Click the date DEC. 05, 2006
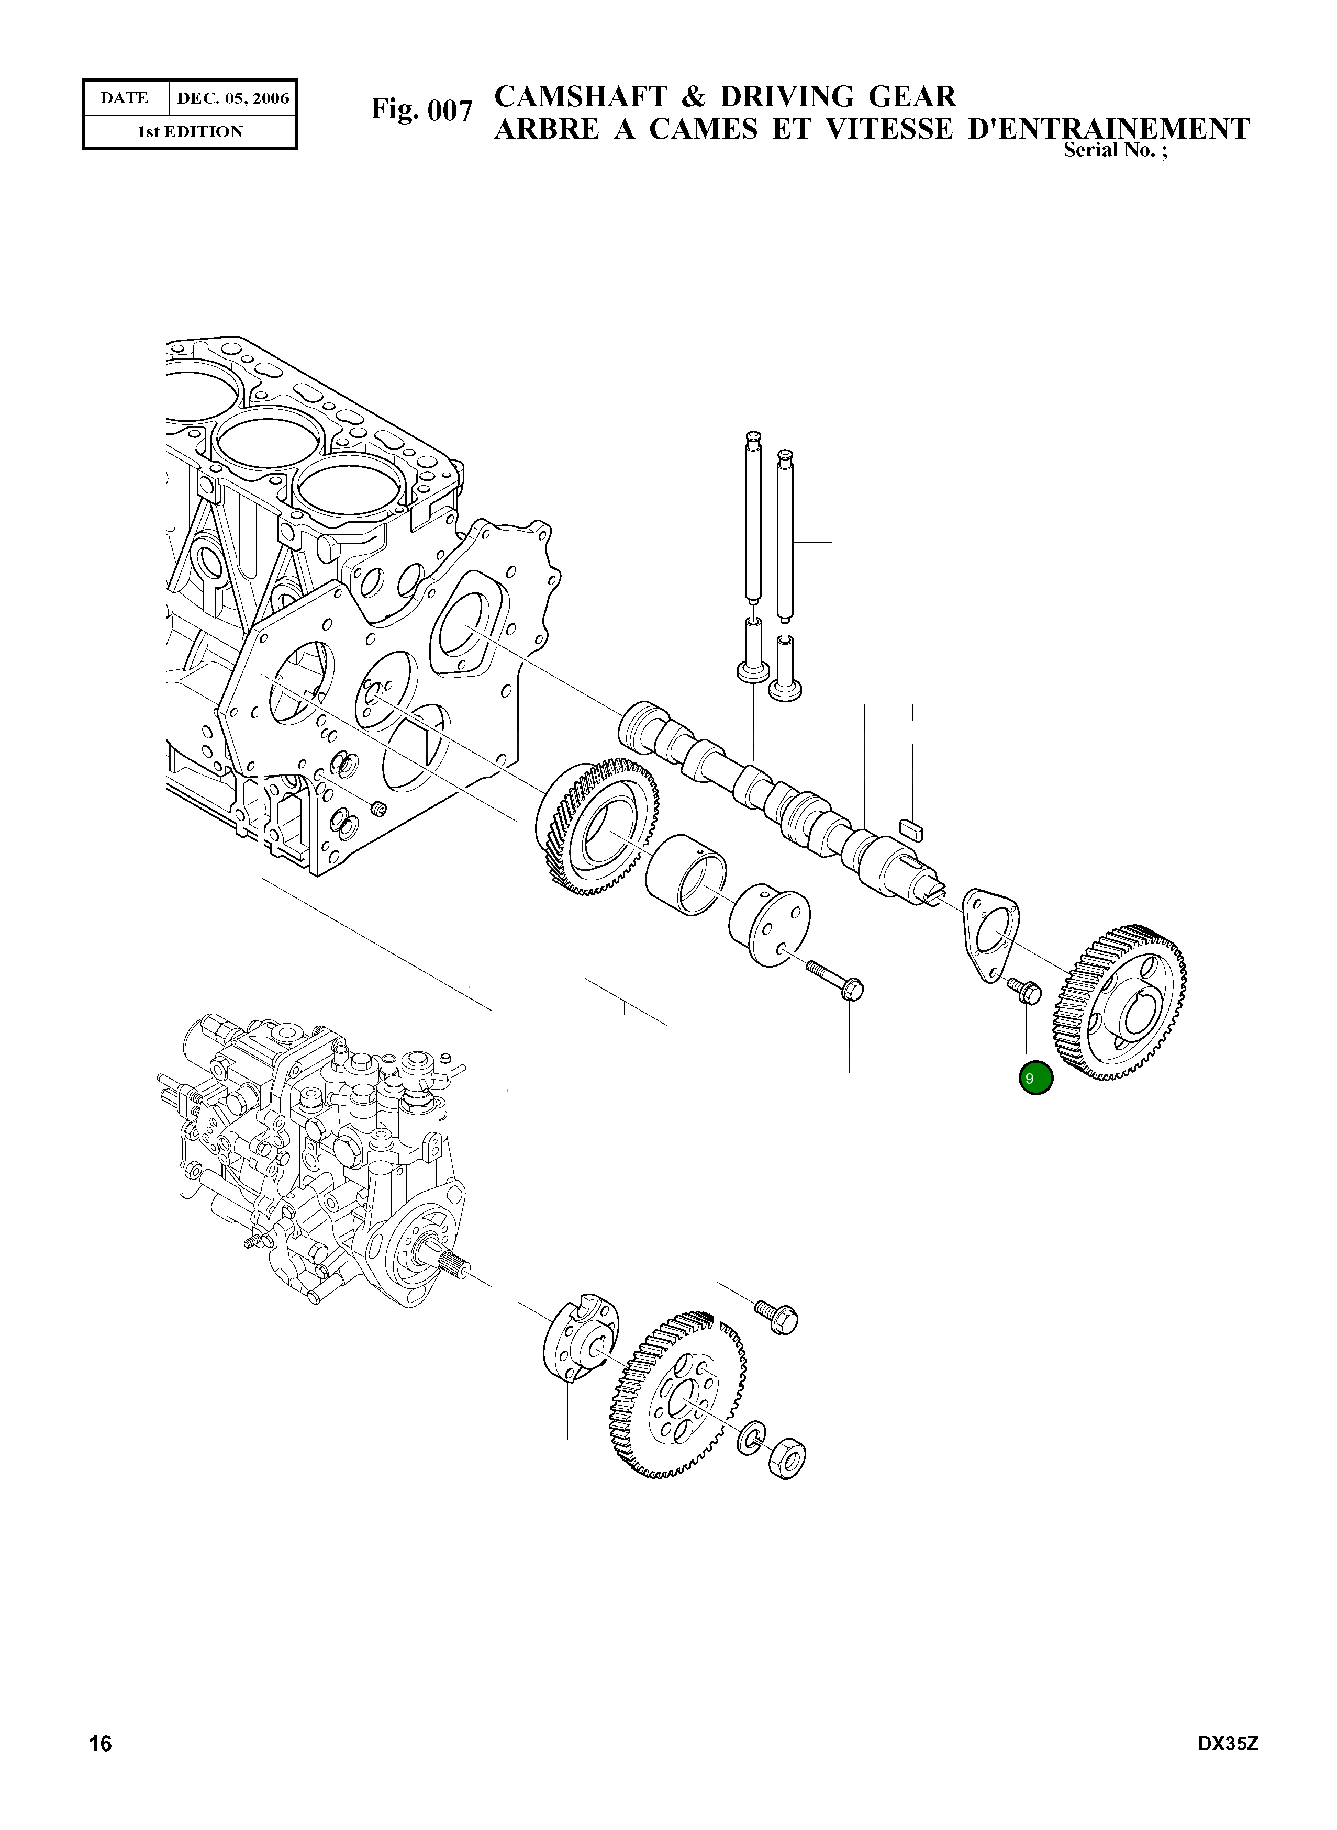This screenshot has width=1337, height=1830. (233, 99)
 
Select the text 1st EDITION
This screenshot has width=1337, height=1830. (190, 132)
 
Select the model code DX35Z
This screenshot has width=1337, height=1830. (1228, 1766)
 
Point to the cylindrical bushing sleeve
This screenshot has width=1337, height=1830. (685, 875)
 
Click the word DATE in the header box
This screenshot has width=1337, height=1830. (125, 99)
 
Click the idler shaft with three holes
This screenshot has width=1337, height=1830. (769, 924)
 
